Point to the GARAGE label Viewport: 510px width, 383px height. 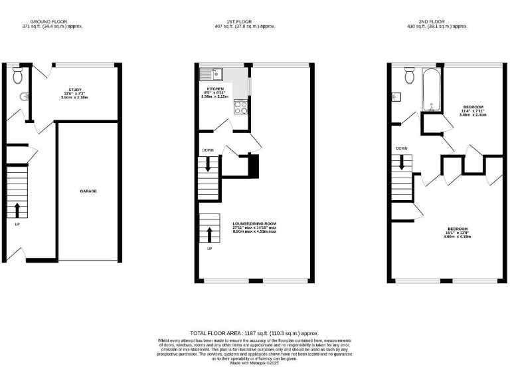pos(88,191)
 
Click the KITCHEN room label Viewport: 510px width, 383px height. pos(214,88)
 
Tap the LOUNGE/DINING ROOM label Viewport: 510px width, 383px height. pos(254,223)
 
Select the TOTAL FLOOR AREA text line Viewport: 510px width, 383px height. pos(254,332)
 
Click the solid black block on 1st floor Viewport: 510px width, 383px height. pos(252,166)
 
